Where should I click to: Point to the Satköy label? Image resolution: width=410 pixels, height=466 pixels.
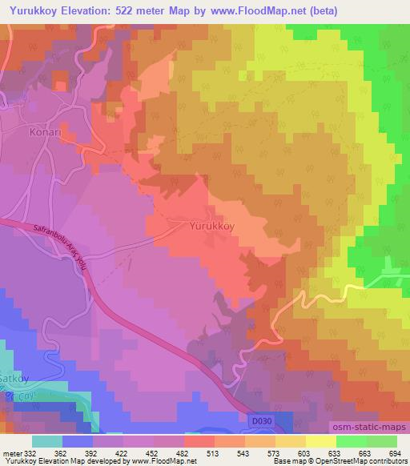[12, 361]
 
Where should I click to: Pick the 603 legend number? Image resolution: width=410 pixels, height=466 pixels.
[305, 453]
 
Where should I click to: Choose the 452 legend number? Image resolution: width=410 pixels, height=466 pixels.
[153, 453]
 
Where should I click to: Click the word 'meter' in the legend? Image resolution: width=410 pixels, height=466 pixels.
[12, 453]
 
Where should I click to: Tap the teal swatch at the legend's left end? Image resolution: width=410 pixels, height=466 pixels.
[47, 441]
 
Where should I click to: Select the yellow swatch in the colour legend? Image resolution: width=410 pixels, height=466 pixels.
[320, 441]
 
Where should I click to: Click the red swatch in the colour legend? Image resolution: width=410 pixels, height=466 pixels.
[199, 441]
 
